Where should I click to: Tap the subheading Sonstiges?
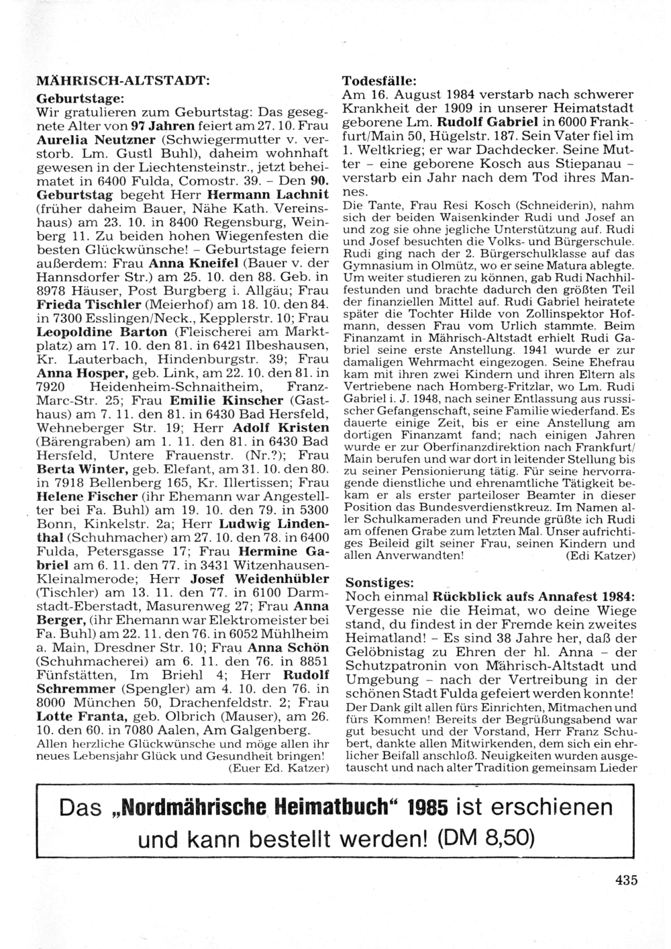point(379,582)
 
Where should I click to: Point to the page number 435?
point(625,880)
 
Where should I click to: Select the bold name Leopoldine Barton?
point(101,332)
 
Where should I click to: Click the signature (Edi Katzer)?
point(601,555)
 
